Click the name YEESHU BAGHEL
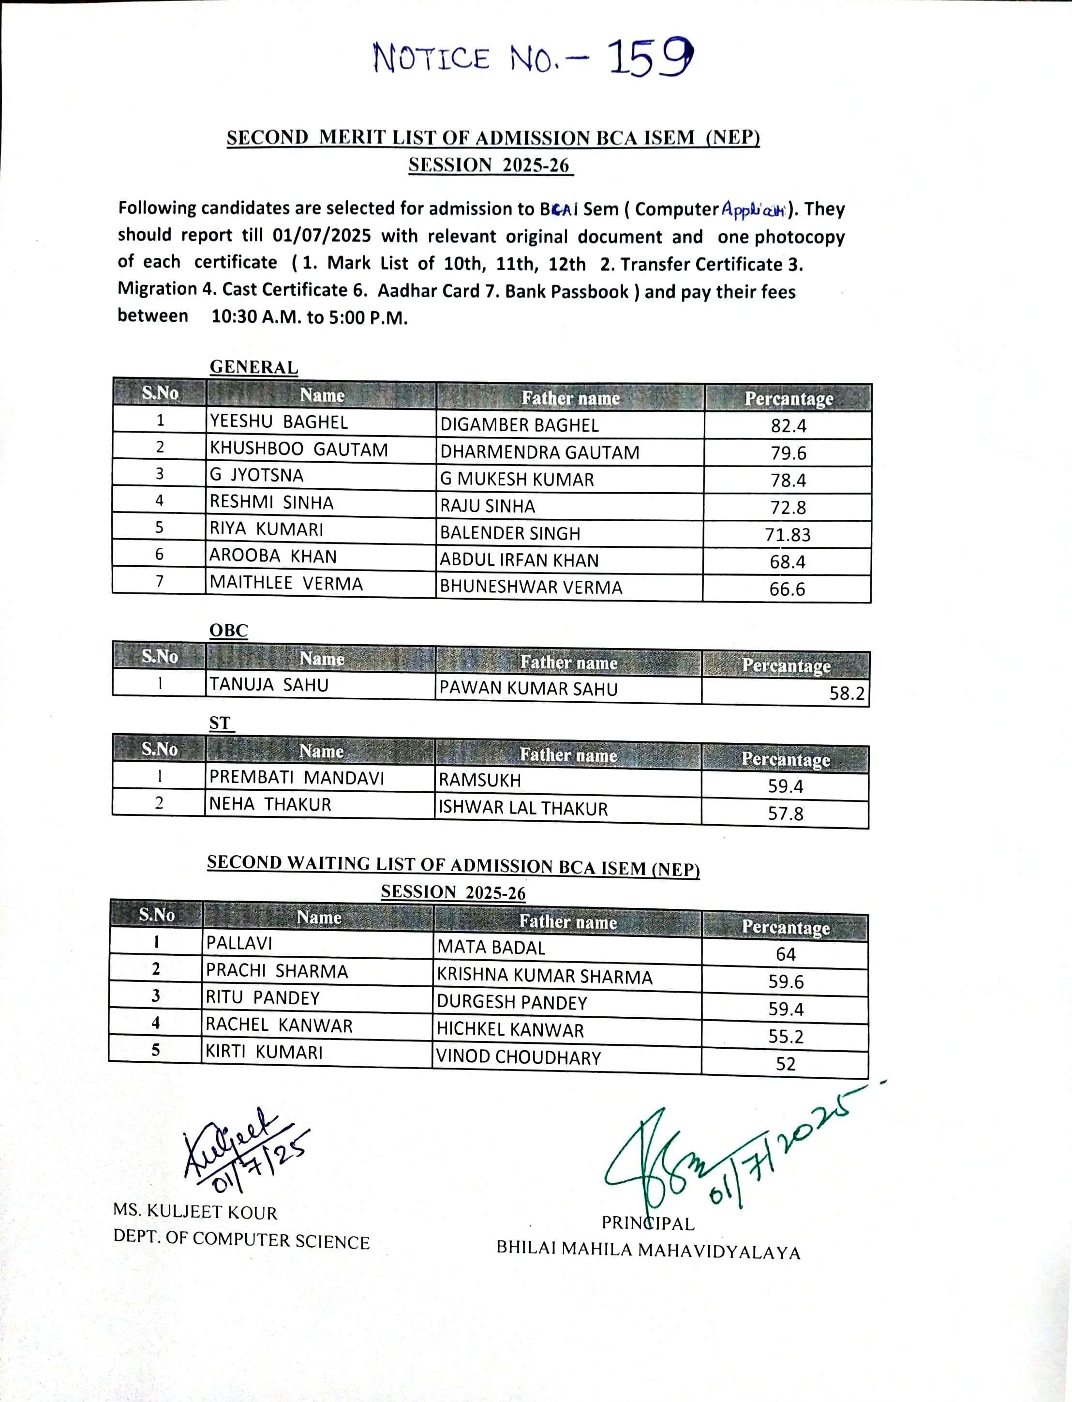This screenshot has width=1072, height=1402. pyautogui.click(x=279, y=422)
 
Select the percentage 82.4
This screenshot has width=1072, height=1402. pyautogui.click(x=788, y=426)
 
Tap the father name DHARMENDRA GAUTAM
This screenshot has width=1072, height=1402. pyautogui.click(x=539, y=452)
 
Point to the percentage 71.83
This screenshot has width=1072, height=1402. pyautogui.click(x=788, y=534)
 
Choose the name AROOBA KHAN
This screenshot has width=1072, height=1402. pyautogui.click(x=273, y=556)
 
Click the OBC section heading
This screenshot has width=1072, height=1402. pyautogui.click(x=228, y=630)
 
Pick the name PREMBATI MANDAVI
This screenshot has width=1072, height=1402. pyautogui.click(x=297, y=778)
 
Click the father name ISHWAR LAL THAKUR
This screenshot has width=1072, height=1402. pyautogui.click(x=522, y=808)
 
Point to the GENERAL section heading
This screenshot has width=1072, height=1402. pyautogui.click(x=253, y=367)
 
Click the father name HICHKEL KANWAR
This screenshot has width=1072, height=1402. pyautogui.click(x=510, y=1030)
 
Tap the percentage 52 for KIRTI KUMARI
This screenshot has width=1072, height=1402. pyautogui.click(x=786, y=1064)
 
